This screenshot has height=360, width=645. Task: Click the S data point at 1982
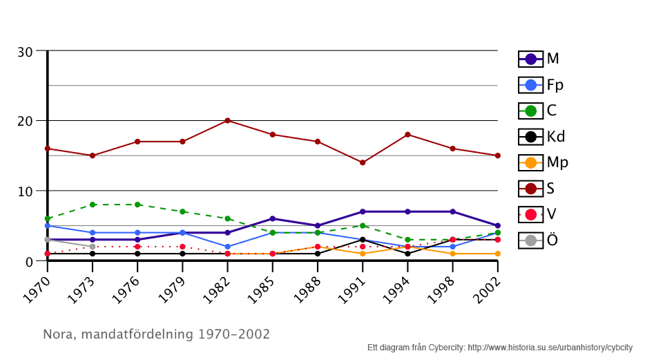pyautogui.click(x=227, y=120)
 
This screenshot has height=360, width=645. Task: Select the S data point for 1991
pyautogui.click(x=363, y=162)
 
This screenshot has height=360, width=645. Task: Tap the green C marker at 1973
pyautogui.click(x=93, y=205)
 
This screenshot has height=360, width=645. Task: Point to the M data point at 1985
pyautogui.click(x=273, y=218)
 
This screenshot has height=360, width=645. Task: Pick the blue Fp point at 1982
pyautogui.click(x=227, y=247)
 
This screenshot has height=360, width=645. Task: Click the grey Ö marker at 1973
pyautogui.click(x=93, y=247)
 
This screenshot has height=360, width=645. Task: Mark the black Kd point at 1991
pyautogui.click(x=363, y=240)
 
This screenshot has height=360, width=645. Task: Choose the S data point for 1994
pyautogui.click(x=408, y=135)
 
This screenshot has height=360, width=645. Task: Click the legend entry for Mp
pyautogui.click(x=543, y=162)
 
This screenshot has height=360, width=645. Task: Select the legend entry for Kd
pyautogui.click(x=541, y=137)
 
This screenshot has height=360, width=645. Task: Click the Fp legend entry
pyautogui.click(x=541, y=85)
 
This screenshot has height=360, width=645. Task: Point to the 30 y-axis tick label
pyautogui.click(x=26, y=52)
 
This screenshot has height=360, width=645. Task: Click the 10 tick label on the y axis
pyautogui.click(x=26, y=191)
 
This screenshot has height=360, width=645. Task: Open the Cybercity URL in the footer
pyautogui.click(x=550, y=348)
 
